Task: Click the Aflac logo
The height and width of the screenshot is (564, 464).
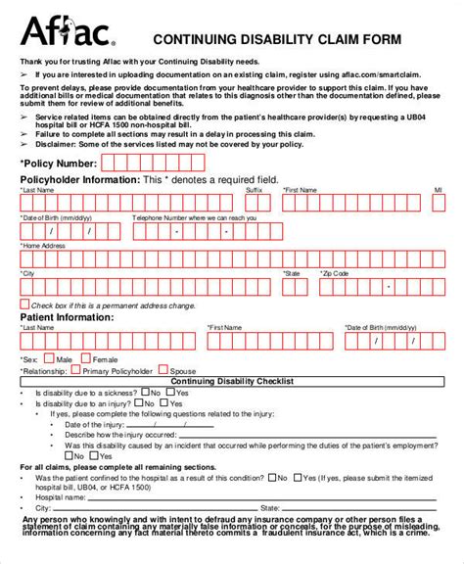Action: point(68,33)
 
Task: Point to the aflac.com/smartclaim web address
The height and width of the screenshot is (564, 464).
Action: point(373,73)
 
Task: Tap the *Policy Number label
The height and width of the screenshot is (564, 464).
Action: point(58,164)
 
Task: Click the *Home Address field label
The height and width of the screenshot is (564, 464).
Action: point(44,246)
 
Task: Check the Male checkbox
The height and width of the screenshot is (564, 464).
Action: point(49,359)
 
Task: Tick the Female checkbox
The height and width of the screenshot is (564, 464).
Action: point(84,359)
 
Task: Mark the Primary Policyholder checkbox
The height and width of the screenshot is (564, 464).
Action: point(74,371)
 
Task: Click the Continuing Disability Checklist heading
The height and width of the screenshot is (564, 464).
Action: point(231,382)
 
